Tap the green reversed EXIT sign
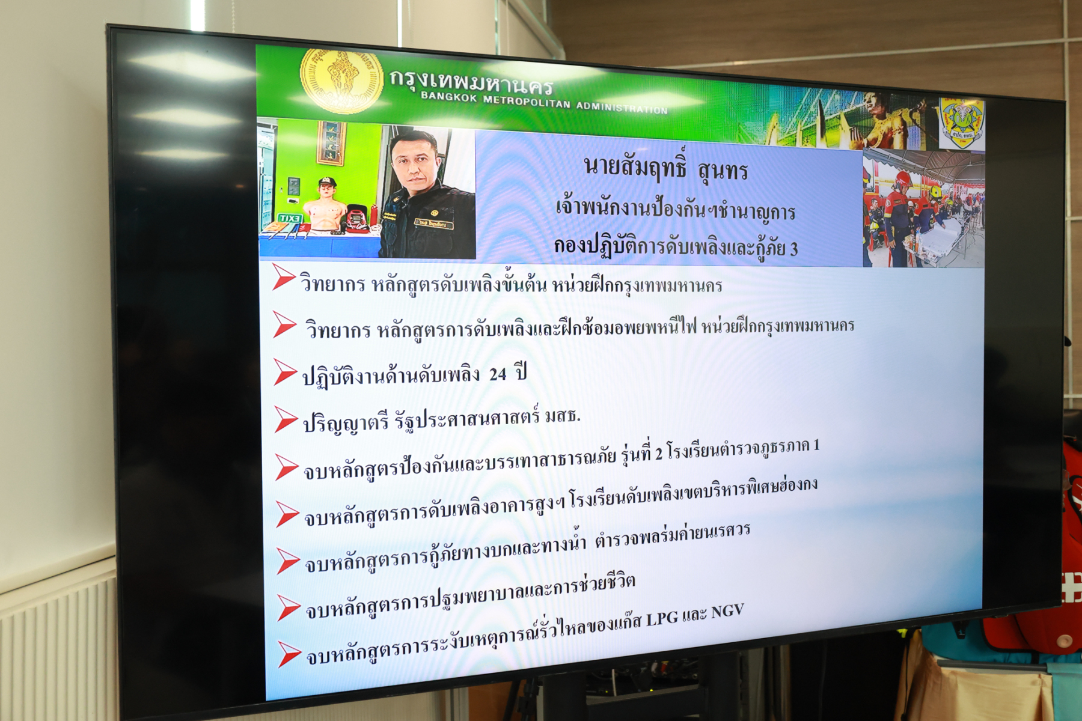[289, 218]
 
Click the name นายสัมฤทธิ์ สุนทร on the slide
[665, 169]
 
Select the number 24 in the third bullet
[498, 374]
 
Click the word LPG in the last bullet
[662, 618]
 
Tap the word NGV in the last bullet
[727, 612]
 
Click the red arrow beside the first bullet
[283, 276]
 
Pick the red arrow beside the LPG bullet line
[289, 654]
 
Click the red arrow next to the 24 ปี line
[285, 372]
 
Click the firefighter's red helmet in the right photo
[901, 178]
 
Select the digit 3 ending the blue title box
[793, 249]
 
